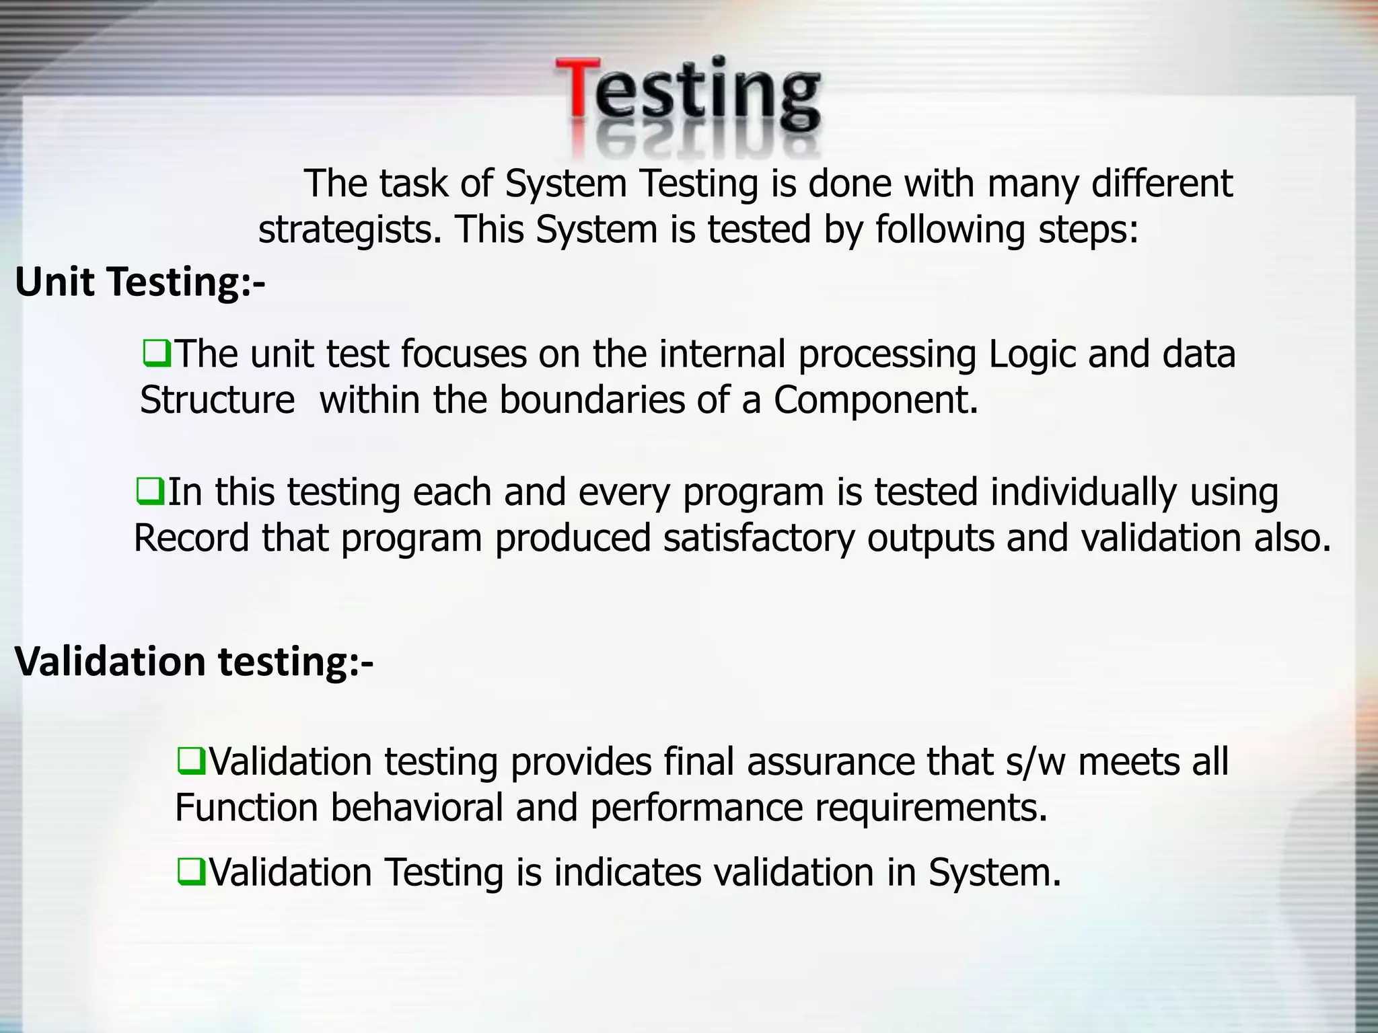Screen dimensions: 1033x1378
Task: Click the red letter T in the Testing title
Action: click(x=577, y=91)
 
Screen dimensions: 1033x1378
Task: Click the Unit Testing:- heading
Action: click(x=140, y=282)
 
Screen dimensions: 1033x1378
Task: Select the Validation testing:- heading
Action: click(x=194, y=662)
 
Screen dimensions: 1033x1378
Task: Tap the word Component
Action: click(x=875, y=399)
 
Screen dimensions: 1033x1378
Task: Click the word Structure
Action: click(x=217, y=399)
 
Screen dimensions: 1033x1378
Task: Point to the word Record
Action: click(x=191, y=538)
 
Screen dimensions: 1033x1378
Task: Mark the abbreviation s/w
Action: click(x=1036, y=762)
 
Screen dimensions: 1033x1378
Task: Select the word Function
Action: click(x=246, y=808)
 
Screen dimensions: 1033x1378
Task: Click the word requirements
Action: click(x=931, y=808)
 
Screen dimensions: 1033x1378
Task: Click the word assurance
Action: click(x=830, y=762)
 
